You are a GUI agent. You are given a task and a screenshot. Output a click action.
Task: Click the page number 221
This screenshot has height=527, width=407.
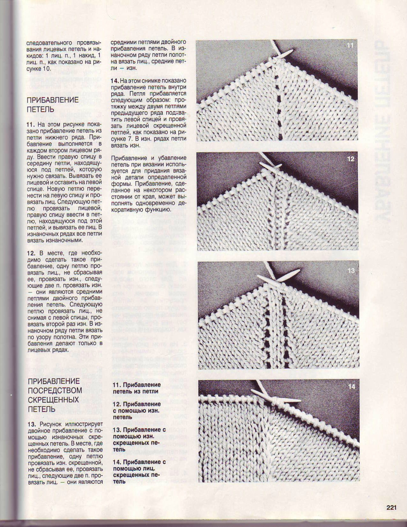[391, 507]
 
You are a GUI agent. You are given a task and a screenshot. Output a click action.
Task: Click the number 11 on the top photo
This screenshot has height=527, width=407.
[350, 46]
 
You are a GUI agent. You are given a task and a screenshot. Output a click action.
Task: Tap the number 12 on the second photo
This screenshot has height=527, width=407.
[350, 159]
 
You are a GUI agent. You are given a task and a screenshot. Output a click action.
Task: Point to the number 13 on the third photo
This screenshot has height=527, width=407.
[351, 271]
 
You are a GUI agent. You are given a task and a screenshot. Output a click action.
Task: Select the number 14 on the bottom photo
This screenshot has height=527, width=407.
[351, 387]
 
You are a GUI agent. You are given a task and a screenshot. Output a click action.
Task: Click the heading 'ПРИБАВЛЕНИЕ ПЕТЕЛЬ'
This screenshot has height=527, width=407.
[52, 105]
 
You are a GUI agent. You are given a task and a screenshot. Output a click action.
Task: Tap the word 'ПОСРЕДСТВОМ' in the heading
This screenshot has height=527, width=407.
[55, 390]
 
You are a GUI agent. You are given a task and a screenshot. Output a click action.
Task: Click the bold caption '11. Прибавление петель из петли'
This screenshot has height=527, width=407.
[136, 388]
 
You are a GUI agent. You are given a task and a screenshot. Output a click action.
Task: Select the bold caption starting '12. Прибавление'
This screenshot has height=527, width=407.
[136, 410]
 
